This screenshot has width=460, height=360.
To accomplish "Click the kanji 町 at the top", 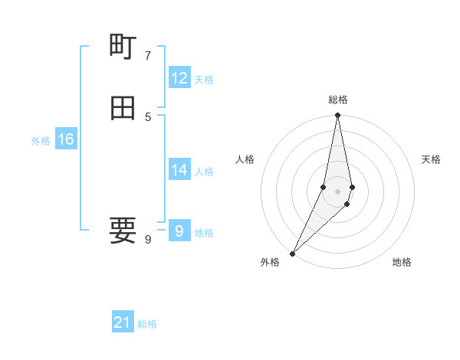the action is pyautogui.click(x=123, y=47).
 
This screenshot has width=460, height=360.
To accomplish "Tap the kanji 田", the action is pyautogui.click(x=123, y=108).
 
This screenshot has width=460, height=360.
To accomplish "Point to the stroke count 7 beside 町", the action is pyautogui.click(x=147, y=56).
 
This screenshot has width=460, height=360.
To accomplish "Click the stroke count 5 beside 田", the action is pyautogui.click(x=147, y=116).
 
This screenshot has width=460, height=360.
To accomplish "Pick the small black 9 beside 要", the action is pyautogui.click(x=147, y=240).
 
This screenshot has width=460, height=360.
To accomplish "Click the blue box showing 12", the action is pyautogui.click(x=179, y=78).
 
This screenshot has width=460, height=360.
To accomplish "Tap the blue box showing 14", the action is pyautogui.click(x=179, y=170).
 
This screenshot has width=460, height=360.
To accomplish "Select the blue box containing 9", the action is pyautogui.click(x=179, y=231).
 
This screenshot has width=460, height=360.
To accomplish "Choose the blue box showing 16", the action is pyautogui.click(x=65, y=139).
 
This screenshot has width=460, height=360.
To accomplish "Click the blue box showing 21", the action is pyautogui.click(x=122, y=322).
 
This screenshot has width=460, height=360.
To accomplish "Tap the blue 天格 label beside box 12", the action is pyautogui.click(x=204, y=80).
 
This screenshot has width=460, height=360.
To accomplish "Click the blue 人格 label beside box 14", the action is pyautogui.click(x=204, y=172).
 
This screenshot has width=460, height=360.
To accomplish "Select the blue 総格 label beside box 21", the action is pyautogui.click(x=147, y=324).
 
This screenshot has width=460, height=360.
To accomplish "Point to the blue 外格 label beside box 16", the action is pyautogui.click(x=41, y=141).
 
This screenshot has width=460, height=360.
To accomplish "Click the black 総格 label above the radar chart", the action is pyautogui.click(x=338, y=100).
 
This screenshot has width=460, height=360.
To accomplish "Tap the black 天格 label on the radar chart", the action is pyautogui.click(x=431, y=159).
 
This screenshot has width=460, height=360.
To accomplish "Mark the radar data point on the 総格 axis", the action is pyautogui.click(x=338, y=116).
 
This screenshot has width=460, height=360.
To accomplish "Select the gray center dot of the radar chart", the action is pyautogui.click(x=338, y=191).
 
